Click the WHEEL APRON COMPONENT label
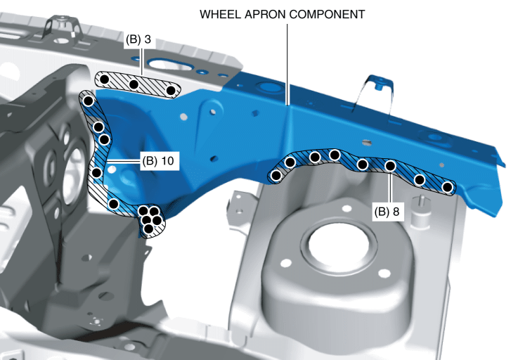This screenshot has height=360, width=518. tap(283, 14)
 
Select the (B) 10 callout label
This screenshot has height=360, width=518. tap(157, 161)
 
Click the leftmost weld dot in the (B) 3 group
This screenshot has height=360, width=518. tap(104, 79)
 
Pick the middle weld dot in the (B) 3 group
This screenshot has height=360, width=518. tap(134, 84)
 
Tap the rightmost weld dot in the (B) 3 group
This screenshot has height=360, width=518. tap(170, 91)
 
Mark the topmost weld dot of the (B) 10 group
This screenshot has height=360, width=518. tap(89, 101)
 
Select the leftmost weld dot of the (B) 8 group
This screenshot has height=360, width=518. tap(277, 175)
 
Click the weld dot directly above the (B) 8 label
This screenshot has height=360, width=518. tap(391, 167)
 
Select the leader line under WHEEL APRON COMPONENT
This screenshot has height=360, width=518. tap(287, 63)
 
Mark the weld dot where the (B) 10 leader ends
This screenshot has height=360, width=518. tap(97, 172)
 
